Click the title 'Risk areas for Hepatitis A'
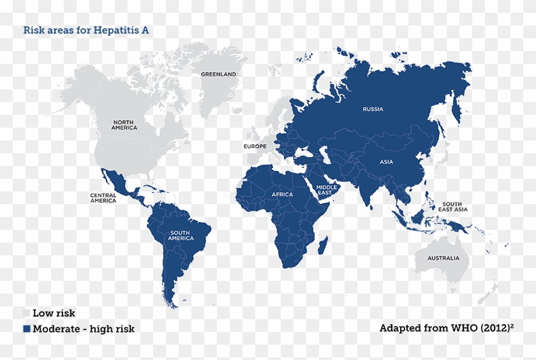point(86,30)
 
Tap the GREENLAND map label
point(218,75)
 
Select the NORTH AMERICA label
point(124,124)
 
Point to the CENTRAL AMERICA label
point(103,198)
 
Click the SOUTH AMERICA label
point(181,236)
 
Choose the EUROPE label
point(255,146)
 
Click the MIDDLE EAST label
point(326,190)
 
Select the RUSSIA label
point(373,109)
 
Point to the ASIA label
point(386,162)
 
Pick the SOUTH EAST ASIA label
point(453,207)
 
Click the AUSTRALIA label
point(443,259)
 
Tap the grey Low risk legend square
point(27,313)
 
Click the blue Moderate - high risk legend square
point(27,329)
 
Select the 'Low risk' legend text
point(54,313)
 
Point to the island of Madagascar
point(322,244)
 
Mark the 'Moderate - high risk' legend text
point(84,329)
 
